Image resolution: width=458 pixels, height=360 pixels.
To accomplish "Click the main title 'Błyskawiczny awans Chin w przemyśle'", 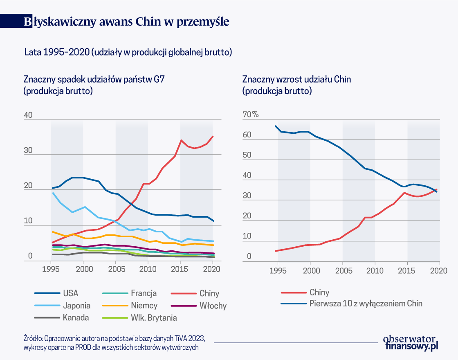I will point(126,22).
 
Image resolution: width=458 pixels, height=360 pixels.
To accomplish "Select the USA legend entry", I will point(70,293).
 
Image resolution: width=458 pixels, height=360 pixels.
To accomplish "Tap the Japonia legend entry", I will point(76,305).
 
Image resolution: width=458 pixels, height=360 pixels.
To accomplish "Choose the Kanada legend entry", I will point(76,317).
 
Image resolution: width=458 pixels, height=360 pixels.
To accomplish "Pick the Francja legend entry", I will point(144,293).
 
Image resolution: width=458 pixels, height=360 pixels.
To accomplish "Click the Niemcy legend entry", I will point(144,305).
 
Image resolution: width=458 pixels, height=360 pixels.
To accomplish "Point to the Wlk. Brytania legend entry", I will point(154,317).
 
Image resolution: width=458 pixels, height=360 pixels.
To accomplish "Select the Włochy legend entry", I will point(213,306).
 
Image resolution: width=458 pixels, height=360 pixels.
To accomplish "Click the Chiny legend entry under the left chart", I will point(209,293).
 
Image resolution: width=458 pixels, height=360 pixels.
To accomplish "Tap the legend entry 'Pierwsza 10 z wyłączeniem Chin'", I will point(366,304).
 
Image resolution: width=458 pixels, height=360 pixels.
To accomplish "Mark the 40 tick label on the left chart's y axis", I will point(28,115).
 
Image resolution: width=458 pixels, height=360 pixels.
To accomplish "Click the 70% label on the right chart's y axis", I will point(251,115).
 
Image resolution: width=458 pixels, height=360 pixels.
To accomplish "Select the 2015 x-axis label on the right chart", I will point(407,271).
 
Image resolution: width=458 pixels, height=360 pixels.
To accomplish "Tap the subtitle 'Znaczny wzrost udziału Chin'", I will point(296,79).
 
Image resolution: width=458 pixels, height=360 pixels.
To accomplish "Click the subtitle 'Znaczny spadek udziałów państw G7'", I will point(94,79).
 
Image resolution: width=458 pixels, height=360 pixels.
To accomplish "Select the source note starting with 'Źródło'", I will point(114,343).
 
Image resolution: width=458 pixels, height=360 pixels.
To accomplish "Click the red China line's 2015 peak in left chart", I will point(181,140).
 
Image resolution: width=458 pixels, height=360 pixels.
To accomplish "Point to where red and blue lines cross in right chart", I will point(435,190).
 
